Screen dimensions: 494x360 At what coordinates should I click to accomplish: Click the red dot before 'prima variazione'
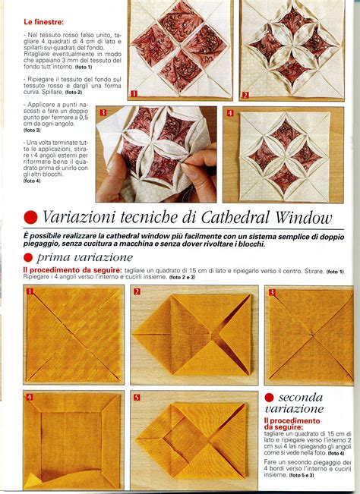click(x=30, y=258)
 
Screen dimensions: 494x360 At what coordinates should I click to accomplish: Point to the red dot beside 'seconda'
click(x=270, y=397)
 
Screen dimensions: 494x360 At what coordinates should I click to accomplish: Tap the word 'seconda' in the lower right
click(x=300, y=397)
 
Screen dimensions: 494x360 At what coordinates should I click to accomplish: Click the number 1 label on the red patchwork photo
click(x=134, y=94)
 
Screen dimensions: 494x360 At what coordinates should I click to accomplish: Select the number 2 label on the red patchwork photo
click(x=245, y=95)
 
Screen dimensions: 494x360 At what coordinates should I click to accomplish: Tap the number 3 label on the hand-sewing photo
click(x=103, y=112)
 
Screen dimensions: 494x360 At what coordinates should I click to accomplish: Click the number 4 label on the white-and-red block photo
click(x=229, y=113)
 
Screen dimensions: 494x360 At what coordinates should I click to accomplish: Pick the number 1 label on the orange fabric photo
click(x=30, y=291)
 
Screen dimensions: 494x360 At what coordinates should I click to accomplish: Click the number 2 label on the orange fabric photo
click(x=137, y=291)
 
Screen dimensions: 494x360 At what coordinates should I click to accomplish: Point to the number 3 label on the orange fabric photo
click(x=270, y=291)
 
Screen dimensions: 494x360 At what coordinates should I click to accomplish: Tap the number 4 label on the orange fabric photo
click(x=30, y=397)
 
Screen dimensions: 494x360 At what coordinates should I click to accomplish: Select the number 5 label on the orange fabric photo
click(x=137, y=397)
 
